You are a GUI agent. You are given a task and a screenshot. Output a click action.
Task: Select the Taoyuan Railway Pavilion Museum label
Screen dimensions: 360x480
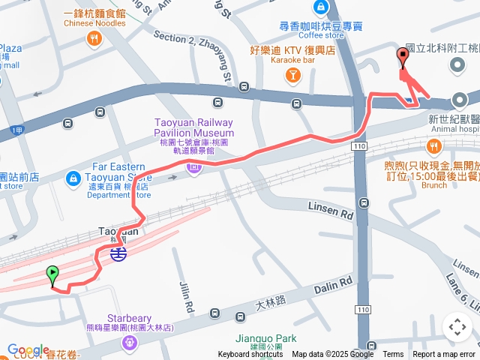pos(193,127)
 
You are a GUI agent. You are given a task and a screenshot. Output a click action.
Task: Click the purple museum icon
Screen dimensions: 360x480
pos(194,169)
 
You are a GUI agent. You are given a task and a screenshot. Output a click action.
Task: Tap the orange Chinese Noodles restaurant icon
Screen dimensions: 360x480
pos(94,39)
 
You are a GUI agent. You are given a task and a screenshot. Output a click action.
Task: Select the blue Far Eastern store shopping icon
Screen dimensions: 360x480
pos(73,178)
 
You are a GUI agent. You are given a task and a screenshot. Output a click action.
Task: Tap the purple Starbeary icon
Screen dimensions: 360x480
pos(130,342)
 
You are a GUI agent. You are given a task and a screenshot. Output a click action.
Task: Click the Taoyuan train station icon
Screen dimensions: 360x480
pos(118,253)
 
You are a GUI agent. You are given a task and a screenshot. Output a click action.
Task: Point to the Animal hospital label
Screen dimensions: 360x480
pos(453,128)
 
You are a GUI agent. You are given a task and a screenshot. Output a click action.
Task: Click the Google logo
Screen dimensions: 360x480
pos(28,349)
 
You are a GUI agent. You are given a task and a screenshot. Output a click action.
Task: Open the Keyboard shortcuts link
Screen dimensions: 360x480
pos(250,355)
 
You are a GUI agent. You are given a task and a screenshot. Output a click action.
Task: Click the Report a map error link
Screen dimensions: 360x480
pos(443,355)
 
